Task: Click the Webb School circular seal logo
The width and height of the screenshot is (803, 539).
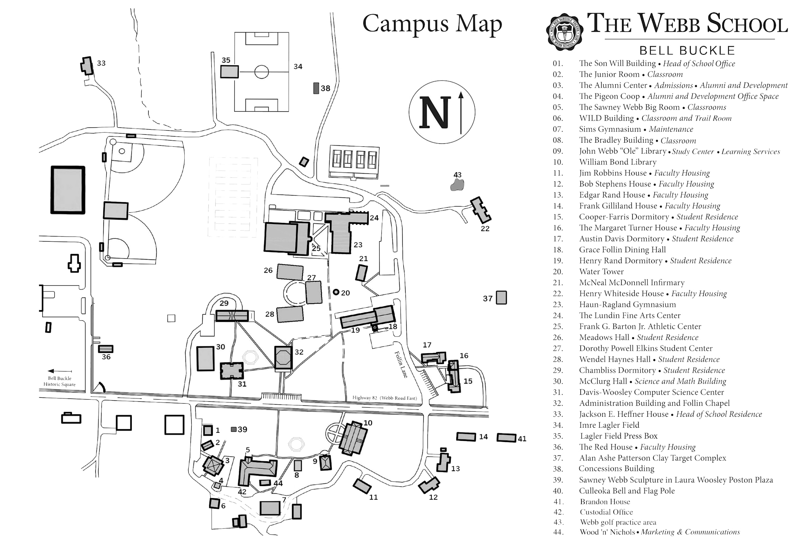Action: (x=564, y=32)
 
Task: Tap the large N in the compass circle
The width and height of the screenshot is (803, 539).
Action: (x=435, y=112)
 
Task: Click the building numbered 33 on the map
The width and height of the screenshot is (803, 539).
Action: (x=87, y=66)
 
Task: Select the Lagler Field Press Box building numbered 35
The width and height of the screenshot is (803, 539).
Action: (x=229, y=72)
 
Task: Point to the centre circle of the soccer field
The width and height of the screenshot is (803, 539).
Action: (x=261, y=72)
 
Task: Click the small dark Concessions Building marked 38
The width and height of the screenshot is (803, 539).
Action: (x=316, y=88)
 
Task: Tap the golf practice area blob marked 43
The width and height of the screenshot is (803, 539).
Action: (x=457, y=185)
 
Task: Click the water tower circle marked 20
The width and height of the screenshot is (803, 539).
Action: (x=336, y=292)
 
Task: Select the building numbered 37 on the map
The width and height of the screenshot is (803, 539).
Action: (x=501, y=297)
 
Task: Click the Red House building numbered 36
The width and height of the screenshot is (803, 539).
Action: (x=106, y=349)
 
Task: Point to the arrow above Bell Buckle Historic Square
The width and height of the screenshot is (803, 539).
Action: (x=59, y=371)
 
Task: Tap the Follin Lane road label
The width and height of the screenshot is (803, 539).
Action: (x=401, y=364)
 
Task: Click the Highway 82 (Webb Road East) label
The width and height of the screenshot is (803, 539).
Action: (x=384, y=398)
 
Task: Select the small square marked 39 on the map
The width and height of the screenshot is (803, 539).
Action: (x=234, y=429)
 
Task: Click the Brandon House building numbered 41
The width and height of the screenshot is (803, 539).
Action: (x=506, y=438)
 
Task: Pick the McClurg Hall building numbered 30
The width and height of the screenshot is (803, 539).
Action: (x=205, y=359)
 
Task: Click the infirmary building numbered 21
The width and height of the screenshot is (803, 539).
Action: (x=361, y=273)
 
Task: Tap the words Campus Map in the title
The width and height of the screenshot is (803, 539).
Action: (x=432, y=24)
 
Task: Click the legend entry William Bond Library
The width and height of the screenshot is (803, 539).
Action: (x=618, y=162)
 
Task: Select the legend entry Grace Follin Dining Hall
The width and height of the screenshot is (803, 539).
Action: (x=622, y=250)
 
